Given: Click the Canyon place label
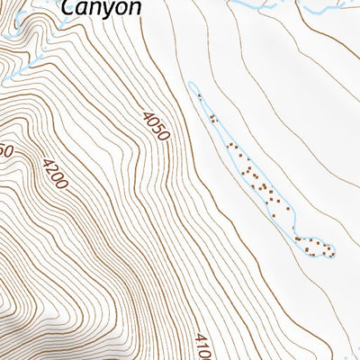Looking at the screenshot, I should [101, 8].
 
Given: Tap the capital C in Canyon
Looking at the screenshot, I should [69, 7].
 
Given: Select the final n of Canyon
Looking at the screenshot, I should [134, 8].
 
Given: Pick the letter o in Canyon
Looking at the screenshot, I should [121, 8].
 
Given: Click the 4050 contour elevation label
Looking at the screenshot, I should [155, 125].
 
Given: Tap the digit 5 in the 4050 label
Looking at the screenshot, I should [158, 130].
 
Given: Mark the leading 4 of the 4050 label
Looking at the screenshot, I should [148, 114].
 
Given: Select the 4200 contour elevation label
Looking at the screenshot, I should [54, 174].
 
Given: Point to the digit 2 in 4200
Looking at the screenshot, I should [50, 169].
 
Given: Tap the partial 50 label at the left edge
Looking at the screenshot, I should [4, 151].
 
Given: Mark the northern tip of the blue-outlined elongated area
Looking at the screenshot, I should [192, 85].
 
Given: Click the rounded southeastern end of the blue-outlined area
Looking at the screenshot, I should [331, 248].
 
